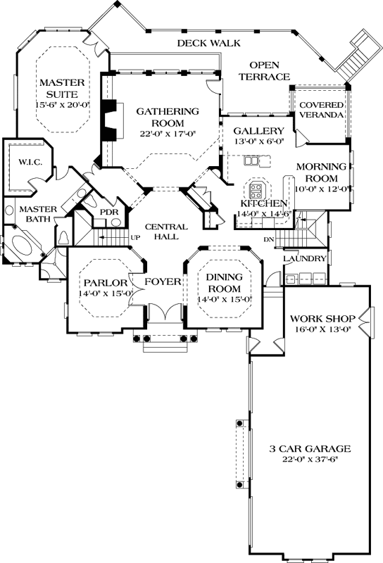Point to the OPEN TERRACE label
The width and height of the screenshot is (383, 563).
point(265,70)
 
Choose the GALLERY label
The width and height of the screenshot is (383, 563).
point(258,131)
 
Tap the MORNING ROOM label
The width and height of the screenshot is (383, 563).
point(322,172)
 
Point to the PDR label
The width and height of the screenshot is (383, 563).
point(108,211)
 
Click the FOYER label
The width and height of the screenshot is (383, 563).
point(163,283)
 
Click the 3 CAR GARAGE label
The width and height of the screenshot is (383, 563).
point(310,449)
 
